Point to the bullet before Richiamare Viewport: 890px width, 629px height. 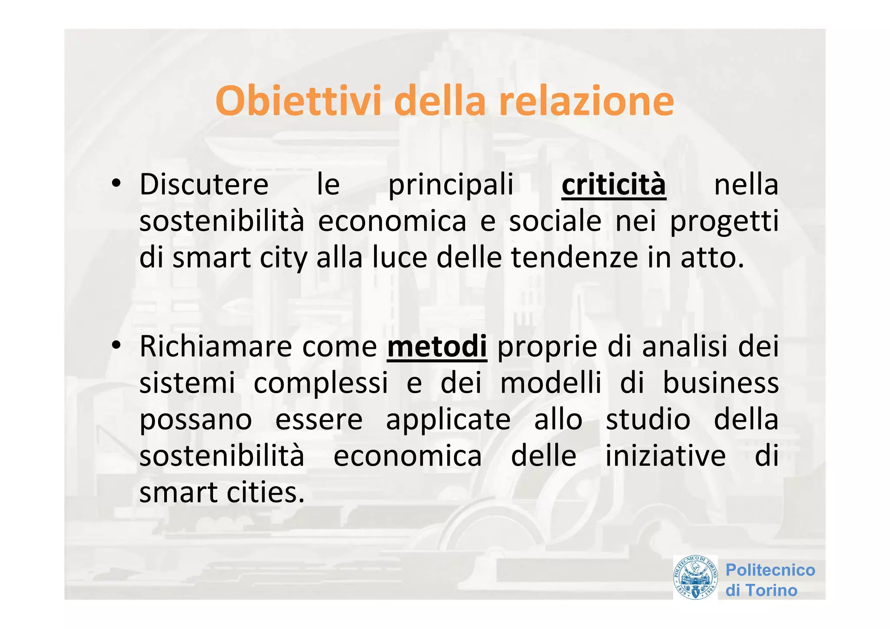116,346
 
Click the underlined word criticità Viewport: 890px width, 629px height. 614,185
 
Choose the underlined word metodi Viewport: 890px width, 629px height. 437,347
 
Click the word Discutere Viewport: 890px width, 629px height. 204,185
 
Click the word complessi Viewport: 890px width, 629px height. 321,384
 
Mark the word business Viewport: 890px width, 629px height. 721,383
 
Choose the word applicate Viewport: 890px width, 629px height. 448,420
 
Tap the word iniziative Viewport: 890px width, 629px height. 665,456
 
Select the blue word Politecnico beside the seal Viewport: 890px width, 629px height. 770,570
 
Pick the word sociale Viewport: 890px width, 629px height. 555,222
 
